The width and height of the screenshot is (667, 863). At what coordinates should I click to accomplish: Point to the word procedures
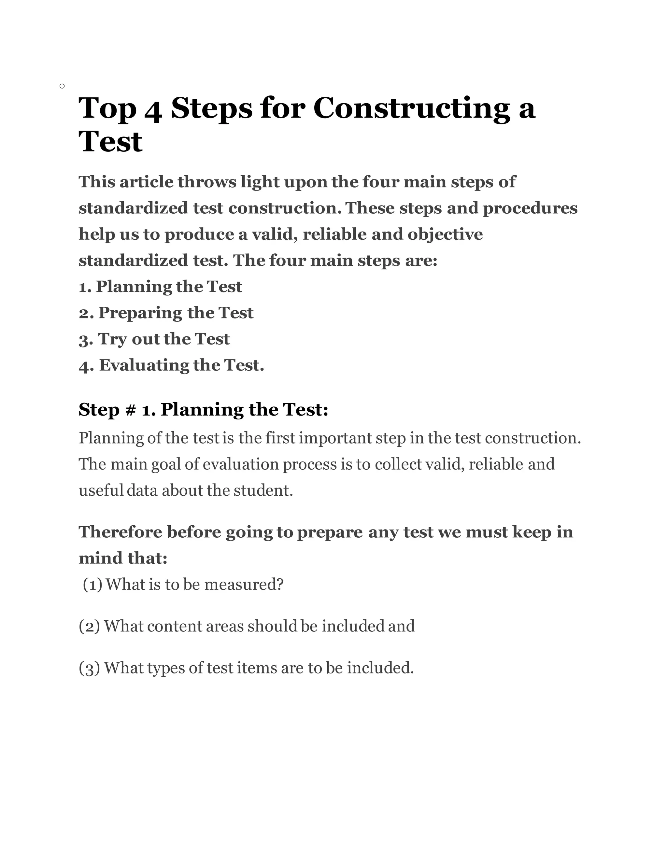pos(530,208)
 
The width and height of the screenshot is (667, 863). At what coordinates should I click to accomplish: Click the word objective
pos(445,234)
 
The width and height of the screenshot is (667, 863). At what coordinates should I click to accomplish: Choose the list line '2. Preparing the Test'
pos(166,313)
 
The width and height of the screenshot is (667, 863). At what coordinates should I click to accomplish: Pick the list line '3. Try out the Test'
pos(154,339)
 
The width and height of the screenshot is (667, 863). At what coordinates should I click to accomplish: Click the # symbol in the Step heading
pos(130,410)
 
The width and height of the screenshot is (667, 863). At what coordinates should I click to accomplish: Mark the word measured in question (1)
pos(243,585)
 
